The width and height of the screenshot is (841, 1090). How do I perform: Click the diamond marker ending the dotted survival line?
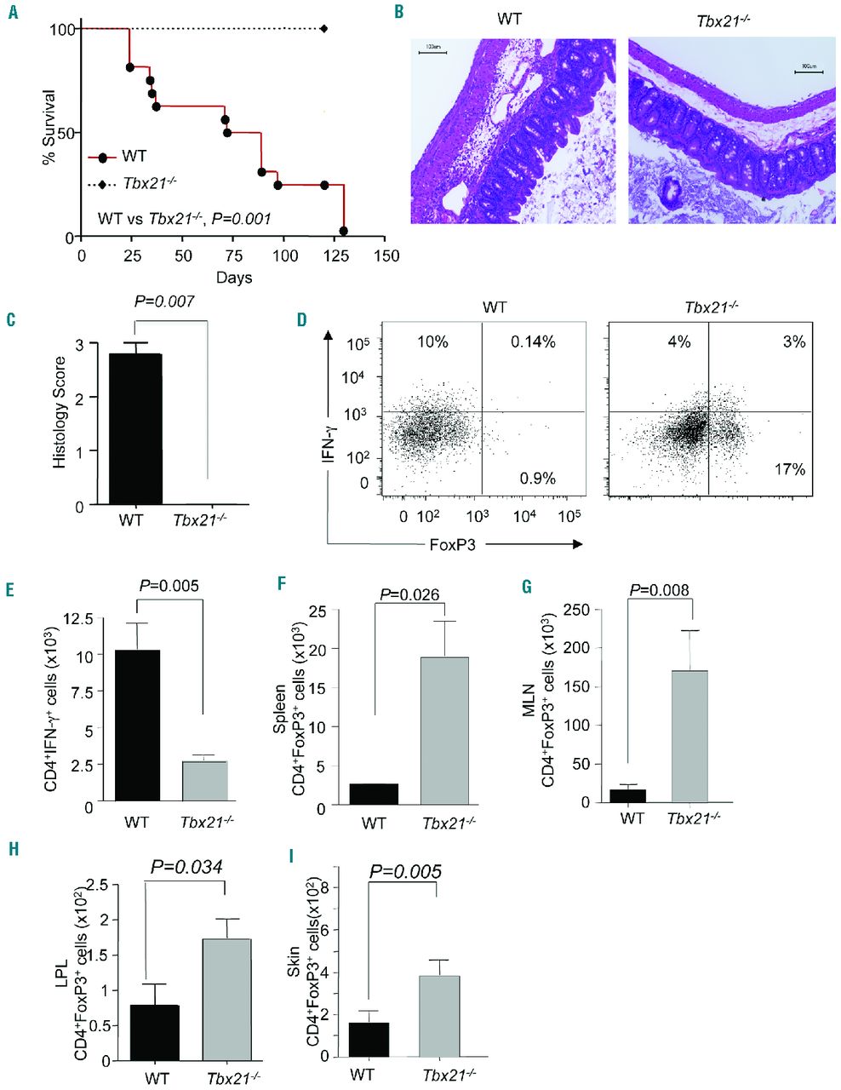click(x=324, y=29)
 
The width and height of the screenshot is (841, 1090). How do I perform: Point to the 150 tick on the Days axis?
click(x=386, y=256)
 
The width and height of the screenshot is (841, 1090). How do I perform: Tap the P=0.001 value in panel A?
click(x=242, y=219)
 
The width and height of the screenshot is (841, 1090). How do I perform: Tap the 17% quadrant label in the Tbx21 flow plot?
click(x=787, y=469)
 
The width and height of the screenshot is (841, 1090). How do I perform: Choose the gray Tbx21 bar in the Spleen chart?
click(x=443, y=729)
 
